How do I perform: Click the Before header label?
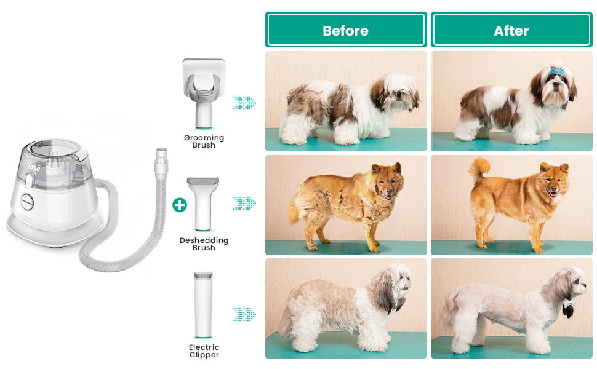(x=345, y=30)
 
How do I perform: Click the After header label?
(x=511, y=30)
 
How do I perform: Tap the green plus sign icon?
(x=179, y=205)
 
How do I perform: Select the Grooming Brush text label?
(x=204, y=141)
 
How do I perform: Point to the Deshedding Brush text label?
(x=204, y=244)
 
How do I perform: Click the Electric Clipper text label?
(x=204, y=351)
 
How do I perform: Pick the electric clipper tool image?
(x=203, y=304)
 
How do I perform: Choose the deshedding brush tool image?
(x=203, y=203)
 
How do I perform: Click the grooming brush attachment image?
(x=203, y=89)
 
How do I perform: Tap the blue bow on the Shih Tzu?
(x=556, y=71)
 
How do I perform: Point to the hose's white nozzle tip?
(x=161, y=154)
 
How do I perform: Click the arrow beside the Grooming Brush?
(x=244, y=103)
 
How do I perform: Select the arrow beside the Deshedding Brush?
(x=244, y=203)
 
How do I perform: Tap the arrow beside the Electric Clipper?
(x=244, y=314)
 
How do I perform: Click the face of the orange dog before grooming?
(x=387, y=184)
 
